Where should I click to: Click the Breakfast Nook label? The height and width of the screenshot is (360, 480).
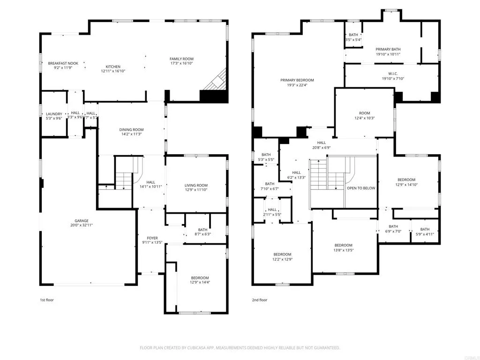tap(63, 63)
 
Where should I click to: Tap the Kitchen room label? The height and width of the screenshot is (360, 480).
tap(113, 67)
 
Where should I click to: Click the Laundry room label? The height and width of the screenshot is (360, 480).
tap(54, 114)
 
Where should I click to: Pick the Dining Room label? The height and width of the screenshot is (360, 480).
tap(131, 129)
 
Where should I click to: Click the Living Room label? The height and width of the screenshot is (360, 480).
tap(196, 185)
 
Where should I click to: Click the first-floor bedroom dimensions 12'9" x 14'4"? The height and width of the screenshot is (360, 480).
tap(200, 282)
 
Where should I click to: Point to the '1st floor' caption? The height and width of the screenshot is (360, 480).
tap(47, 300)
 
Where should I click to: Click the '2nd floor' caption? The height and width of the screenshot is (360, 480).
tap(260, 300)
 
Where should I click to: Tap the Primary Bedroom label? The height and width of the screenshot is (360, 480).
tap(297, 80)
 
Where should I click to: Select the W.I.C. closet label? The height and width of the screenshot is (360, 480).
tap(393, 74)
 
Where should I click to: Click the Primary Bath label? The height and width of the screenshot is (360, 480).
tap(388, 49)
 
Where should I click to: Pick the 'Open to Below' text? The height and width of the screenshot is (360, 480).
tap(361, 188)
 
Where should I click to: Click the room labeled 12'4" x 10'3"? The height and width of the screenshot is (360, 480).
tap(365, 118)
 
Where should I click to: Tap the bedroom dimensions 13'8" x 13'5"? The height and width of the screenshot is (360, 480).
tap(344, 250)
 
